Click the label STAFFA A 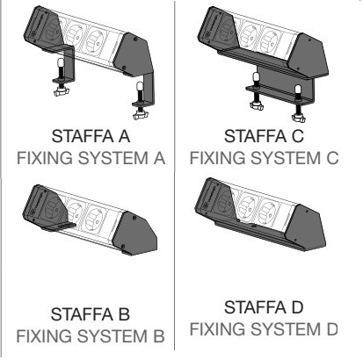point(91,136)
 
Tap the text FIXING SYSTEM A point(91,158)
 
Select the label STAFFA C point(264,136)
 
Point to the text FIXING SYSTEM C point(264,158)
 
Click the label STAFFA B point(91,314)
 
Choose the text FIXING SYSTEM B point(91,336)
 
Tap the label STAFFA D point(264,307)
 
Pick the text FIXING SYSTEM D point(264,329)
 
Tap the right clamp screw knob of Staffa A point(140,115)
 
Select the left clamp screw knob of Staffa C point(257,106)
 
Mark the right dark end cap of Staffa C point(309,55)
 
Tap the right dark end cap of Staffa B point(135,233)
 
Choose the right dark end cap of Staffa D point(305,227)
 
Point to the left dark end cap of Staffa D point(214,199)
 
